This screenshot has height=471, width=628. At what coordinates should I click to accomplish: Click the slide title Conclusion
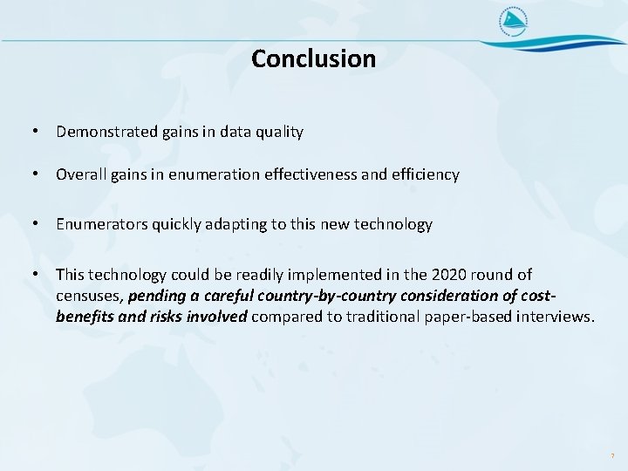(313, 58)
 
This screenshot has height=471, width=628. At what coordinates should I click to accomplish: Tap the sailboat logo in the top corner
(514, 23)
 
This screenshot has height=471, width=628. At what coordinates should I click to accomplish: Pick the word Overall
(81, 174)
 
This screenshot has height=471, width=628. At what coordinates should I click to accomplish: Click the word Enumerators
(98, 224)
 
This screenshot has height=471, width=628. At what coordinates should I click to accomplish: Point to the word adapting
(236, 224)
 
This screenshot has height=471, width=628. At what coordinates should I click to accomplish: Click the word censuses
(89, 296)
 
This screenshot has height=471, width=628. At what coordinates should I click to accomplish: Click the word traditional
(383, 316)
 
